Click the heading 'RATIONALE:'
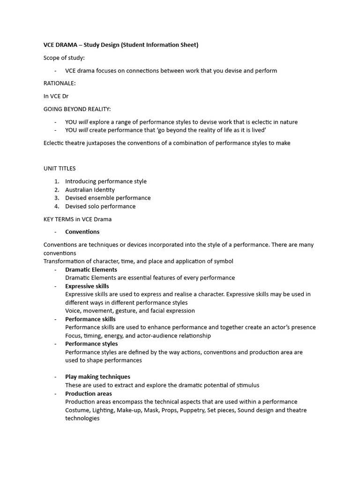pyautogui.click(x=60, y=83)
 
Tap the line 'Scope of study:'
pyautogui.click(x=64, y=58)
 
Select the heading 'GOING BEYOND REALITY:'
pyautogui.click(x=77, y=109)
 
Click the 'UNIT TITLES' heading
pyautogui.click(x=60, y=168)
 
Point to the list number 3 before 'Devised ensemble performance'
pyautogui.click(x=56, y=198)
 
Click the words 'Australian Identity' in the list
pyautogui.click(x=90, y=190)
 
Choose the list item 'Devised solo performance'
pyautogui.click(x=100, y=206)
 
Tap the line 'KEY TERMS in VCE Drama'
pyautogui.click(x=77, y=219)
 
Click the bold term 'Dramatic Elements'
pyautogui.click(x=91, y=270)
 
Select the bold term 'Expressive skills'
pyautogui.click(x=87, y=286)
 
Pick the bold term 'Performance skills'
pyautogui.click(x=90, y=319)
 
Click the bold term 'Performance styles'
pyautogui.click(x=91, y=344)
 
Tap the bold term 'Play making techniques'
pyautogui.click(x=97, y=376)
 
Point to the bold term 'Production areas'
pyautogui.click(x=88, y=394)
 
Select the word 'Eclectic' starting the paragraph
pyautogui.click(x=54, y=143)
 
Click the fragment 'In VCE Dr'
pyautogui.click(x=56, y=96)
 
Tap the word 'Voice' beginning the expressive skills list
pyautogui.click(x=73, y=311)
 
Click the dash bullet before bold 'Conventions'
pyautogui.click(x=55, y=232)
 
